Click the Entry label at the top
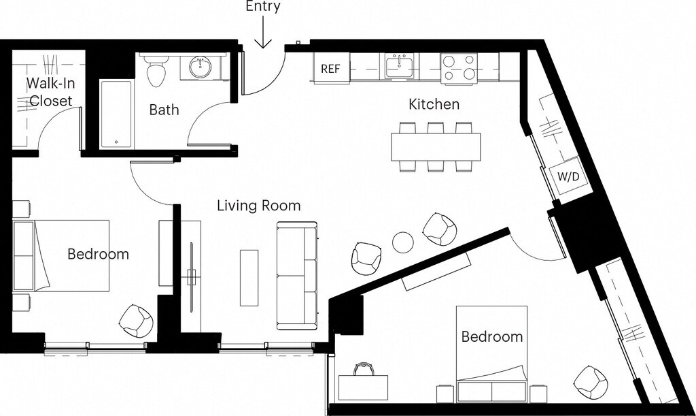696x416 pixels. tap(263, 6)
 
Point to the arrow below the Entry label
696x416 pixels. tap(263, 32)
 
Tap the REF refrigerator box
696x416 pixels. tap(331, 68)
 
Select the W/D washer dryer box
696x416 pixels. tap(568, 176)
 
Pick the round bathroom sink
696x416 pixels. tap(201, 67)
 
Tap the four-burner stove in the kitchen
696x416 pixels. tap(459, 67)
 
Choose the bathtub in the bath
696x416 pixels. tap(116, 114)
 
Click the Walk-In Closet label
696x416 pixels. tap(50, 92)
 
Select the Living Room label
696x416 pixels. tap(259, 206)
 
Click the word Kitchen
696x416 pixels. tap(434, 104)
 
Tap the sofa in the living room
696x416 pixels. tap(297, 276)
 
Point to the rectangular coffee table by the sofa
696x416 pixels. tap(249, 278)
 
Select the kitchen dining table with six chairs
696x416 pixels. tap(436, 146)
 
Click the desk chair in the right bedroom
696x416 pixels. tap(364, 369)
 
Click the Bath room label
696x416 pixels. tap(164, 110)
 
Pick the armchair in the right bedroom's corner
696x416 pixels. tap(591, 382)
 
